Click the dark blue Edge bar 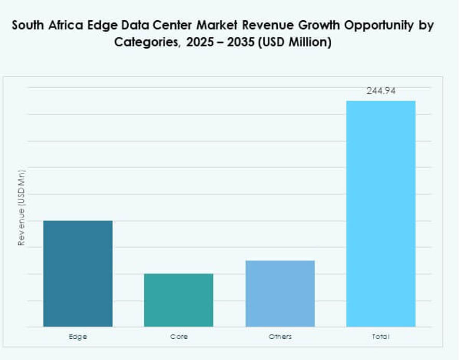click(x=78, y=273)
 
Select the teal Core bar click(x=179, y=300)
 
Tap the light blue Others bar click(x=280, y=293)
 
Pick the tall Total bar click(x=381, y=213)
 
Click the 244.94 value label click(x=381, y=91)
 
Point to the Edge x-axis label click(x=78, y=337)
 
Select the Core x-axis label click(x=179, y=337)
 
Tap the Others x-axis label click(x=280, y=337)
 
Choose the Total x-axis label click(x=381, y=337)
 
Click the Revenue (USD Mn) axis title click(x=21, y=207)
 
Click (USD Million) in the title click(x=293, y=43)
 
